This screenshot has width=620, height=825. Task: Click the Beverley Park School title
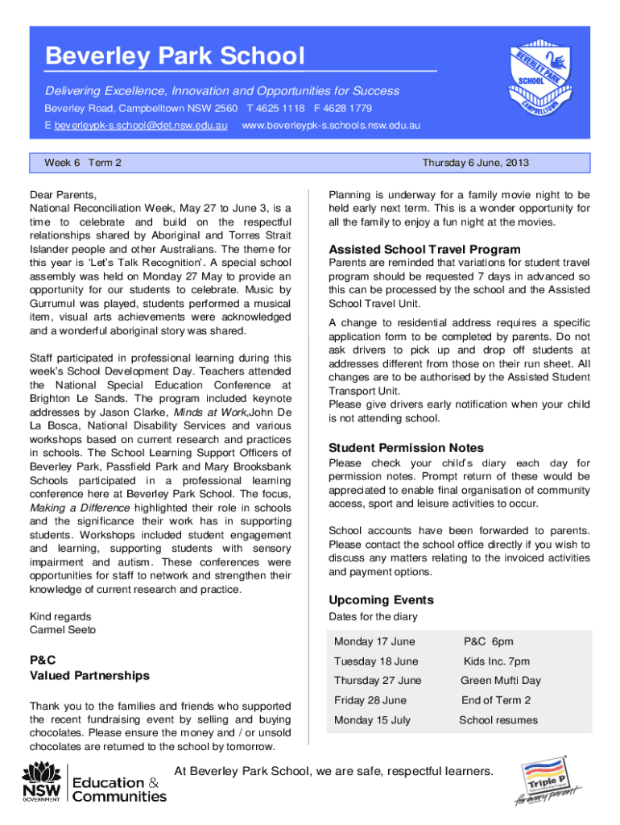(x=175, y=56)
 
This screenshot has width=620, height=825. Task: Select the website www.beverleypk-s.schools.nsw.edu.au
(x=331, y=126)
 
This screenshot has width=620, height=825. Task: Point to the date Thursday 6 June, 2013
(x=475, y=163)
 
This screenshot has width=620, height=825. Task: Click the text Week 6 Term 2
(x=83, y=163)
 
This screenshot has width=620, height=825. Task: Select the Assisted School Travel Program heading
(x=424, y=249)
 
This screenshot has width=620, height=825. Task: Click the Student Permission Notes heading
(x=406, y=447)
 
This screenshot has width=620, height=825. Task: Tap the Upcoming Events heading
(x=381, y=599)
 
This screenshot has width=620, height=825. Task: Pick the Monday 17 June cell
(x=374, y=641)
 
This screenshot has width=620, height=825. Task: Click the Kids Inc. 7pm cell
(x=496, y=661)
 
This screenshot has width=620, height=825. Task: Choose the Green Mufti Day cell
(x=500, y=681)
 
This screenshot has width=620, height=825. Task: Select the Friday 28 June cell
(x=370, y=700)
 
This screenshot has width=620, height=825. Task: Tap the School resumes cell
(x=498, y=720)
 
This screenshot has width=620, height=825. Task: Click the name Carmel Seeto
(x=62, y=629)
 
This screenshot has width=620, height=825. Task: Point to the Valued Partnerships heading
(x=89, y=675)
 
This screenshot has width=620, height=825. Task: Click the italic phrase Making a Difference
(x=79, y=508)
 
